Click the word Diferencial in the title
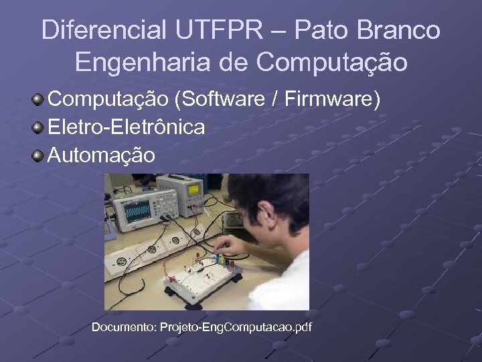104,30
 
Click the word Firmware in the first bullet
328,99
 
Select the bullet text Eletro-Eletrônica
127,127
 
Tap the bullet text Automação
102,156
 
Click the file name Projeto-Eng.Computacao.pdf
236,327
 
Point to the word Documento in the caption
123,327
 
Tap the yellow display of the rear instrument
195,188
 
